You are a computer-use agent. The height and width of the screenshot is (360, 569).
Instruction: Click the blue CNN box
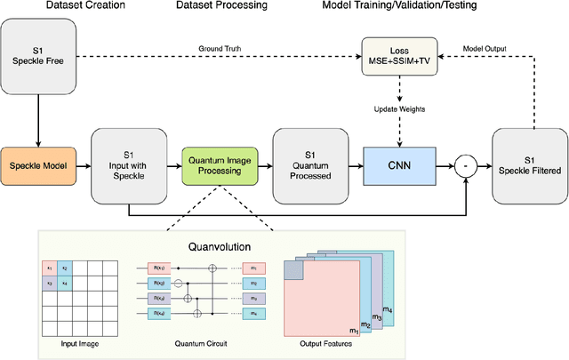point(397,165)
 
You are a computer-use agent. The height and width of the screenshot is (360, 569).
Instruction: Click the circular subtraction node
point(461,165)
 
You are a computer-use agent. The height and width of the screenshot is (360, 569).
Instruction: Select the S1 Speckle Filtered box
point(528,165)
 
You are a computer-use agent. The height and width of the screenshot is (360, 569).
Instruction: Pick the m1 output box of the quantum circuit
point(255,268)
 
